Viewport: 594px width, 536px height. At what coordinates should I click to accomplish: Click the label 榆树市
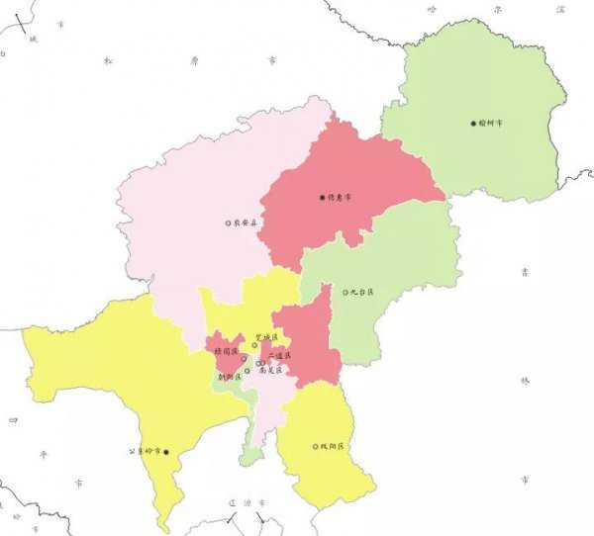[492, 124]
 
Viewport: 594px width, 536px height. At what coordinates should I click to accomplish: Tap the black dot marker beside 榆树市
[473, 124]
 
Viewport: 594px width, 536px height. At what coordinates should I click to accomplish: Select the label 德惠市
[340, 197]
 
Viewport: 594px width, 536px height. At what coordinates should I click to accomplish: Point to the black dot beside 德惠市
[322, 197]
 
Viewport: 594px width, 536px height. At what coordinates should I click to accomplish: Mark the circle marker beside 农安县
[228, 223]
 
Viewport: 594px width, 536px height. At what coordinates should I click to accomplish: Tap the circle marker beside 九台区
[346, 292]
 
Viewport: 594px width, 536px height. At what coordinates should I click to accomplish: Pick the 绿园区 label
[225, 351]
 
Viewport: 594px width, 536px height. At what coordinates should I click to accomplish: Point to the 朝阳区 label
[230, 377]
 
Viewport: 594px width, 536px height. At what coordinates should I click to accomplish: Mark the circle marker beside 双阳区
[316, 447]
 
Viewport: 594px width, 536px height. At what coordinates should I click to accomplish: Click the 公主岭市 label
[146, 451]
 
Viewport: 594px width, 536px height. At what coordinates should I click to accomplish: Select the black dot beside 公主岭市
[166, 452]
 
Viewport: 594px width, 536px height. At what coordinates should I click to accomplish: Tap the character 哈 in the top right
[430, 8]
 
